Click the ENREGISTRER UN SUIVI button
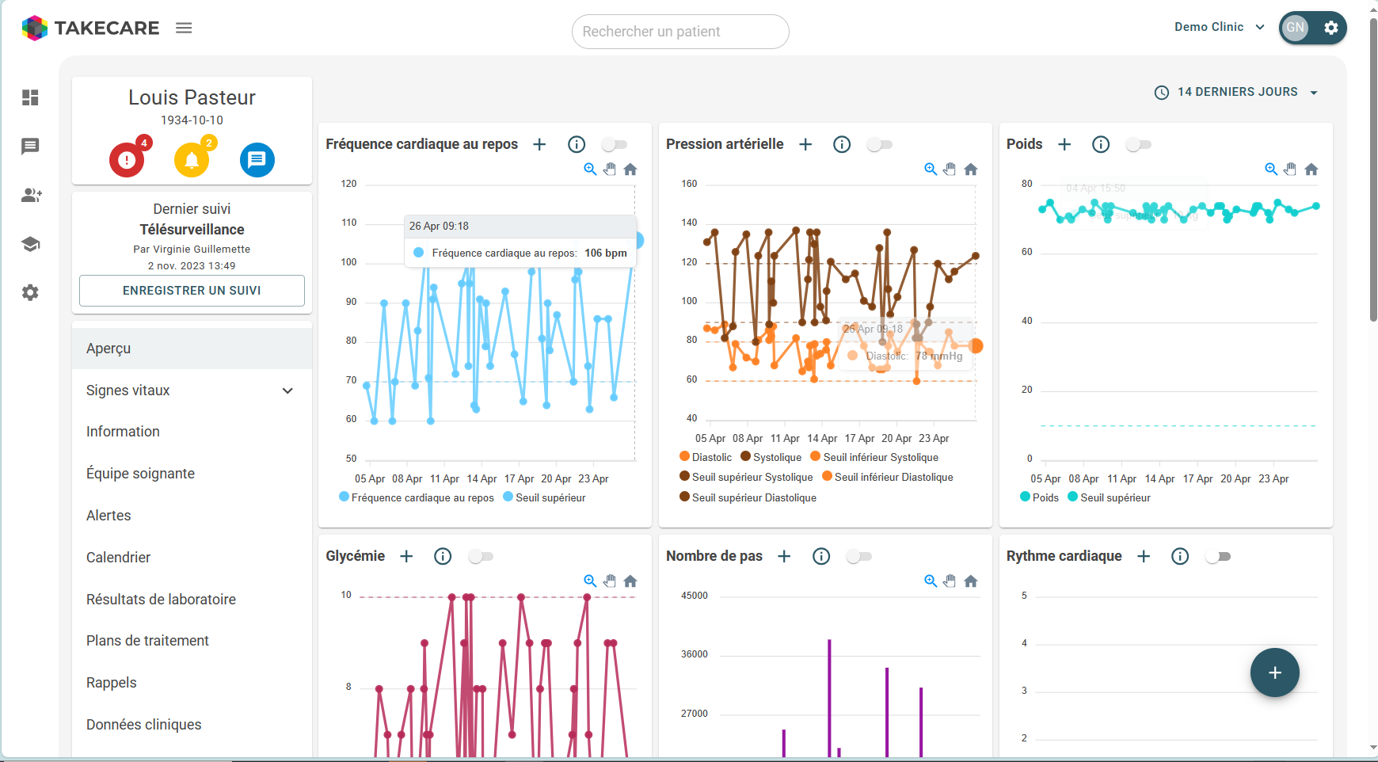click(x=192, y=291)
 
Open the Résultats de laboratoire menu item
click(x=161, y=600)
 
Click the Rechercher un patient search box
click(x=679, y=32)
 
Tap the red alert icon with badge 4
click(x=127, y=160)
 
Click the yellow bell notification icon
click(x=192, y=160)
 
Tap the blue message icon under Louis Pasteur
click(x=257, y=160)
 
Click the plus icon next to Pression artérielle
click(x=805, y=144)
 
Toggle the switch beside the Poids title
click(x=1138, y=144)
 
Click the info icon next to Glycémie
click(x=443, y=556)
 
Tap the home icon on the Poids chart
click(x=1311, y=170)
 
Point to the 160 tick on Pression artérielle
click(x=689, y=184)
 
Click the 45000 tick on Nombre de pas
click(x=694, y=596)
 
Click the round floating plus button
click(x=1274, y=672)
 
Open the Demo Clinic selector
click(x=1219, y=27)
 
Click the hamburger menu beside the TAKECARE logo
click(x=184, y=28)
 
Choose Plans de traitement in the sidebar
click(x=147, y=641)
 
